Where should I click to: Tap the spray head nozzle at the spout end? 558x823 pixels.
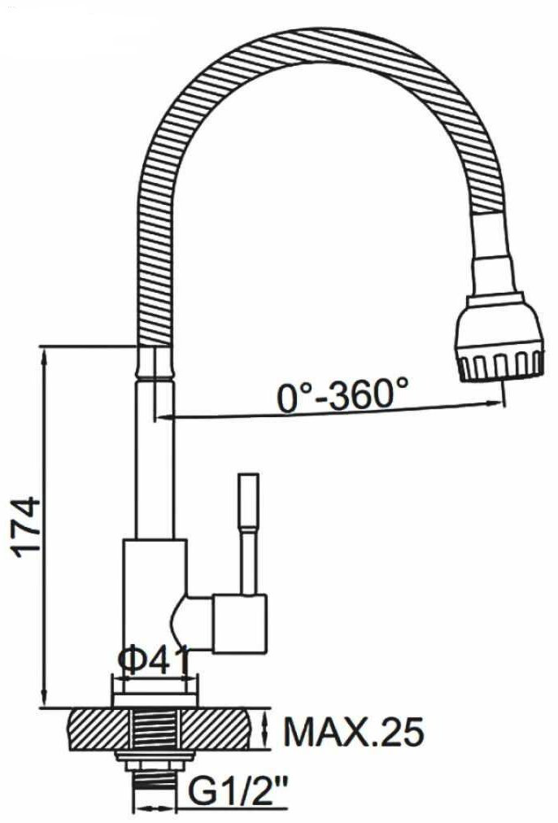point(499,342)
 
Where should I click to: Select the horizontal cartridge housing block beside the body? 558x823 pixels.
point(240,623)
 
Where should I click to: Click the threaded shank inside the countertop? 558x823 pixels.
point(155,729)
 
